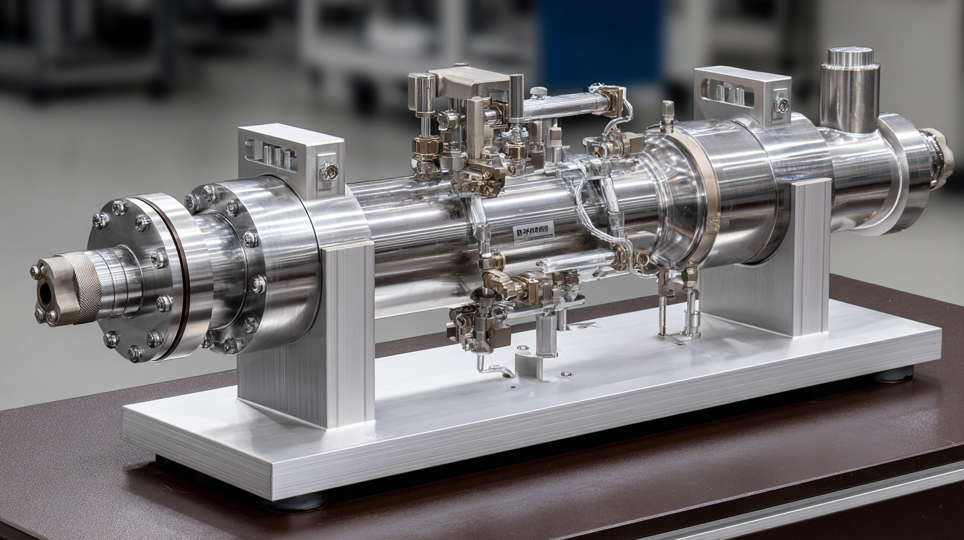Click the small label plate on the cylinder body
(x=533, y=231)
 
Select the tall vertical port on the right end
(x=849, y=89)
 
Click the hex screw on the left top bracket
(x=328, y=171)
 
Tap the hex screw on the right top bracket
(x=781, y=105)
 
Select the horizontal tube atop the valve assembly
(x=563, y=105)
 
